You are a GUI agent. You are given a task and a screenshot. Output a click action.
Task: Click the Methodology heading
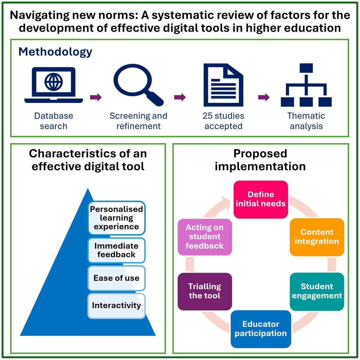point(55,52)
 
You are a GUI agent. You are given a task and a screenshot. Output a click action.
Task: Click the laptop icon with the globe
point(54,85)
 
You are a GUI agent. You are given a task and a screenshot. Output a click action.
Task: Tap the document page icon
point(223,85)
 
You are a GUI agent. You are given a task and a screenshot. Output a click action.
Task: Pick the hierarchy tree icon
point(306,85)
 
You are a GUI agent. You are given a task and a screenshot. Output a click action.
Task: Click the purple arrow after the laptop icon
point(96,97)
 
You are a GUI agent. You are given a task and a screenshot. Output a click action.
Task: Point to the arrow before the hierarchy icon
point(264,97)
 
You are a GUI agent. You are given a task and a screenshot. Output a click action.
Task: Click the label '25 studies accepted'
point(223,121)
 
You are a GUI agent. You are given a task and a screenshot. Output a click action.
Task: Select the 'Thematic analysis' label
point(306,121)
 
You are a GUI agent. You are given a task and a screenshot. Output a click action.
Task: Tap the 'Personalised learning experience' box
point(116,218)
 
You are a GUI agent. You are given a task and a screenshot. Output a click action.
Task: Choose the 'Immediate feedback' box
point(116,250)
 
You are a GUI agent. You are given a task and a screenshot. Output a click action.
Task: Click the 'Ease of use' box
point(116,278)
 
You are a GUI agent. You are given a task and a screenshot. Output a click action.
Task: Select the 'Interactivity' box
point(116,306)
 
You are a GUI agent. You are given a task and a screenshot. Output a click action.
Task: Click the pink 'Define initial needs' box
point(261,199)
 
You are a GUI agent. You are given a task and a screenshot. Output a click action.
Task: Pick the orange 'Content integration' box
point(317,237)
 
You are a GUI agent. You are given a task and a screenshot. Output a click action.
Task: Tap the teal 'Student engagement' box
point(317,291)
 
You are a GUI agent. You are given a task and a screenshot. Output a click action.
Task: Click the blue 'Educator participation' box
point(261,329)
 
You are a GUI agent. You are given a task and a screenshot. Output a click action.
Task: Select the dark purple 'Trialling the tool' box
point(205,291)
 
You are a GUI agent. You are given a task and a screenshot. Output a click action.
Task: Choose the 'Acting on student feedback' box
point(205,237)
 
